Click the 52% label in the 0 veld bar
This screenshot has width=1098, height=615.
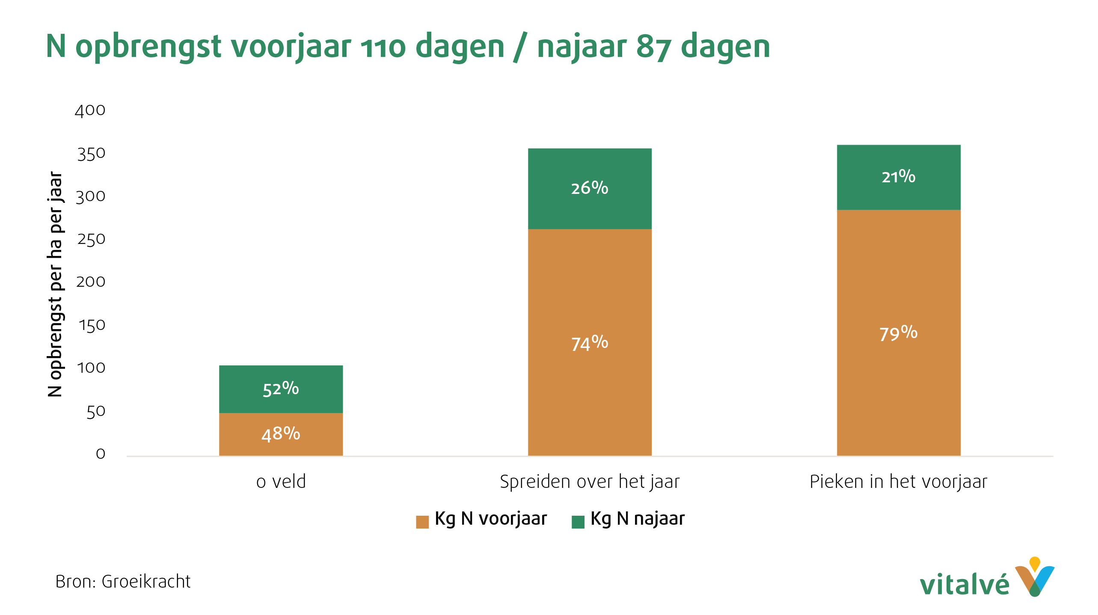(x=281, y=389)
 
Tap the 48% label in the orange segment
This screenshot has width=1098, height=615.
(x=281, y=434)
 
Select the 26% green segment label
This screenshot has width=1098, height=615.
(x=589, y=188)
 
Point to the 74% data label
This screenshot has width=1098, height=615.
(x=589, y=343)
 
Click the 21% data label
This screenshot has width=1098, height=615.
(x=898, y=176)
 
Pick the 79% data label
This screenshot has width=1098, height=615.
(x=898, y=333)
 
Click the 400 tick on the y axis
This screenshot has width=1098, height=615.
(x=90, y=110)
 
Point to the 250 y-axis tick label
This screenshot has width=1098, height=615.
(x=91, y=239)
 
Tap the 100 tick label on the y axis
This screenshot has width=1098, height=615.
(x=91, y=368)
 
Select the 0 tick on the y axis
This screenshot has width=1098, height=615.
(x=101, y=454)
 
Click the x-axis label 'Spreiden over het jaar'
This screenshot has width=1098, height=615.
(x=589, y=482)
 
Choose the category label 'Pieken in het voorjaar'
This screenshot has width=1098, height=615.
(x=898, y=482)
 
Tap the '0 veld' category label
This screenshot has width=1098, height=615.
(x=281, y=482)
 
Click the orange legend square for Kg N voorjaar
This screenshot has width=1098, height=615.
(x=422, y=522)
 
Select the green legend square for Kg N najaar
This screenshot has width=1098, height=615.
(x=578, y=522)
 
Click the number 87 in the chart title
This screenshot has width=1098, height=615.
(x=653, y=47)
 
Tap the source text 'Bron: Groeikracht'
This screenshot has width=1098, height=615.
(x=123, y=582)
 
